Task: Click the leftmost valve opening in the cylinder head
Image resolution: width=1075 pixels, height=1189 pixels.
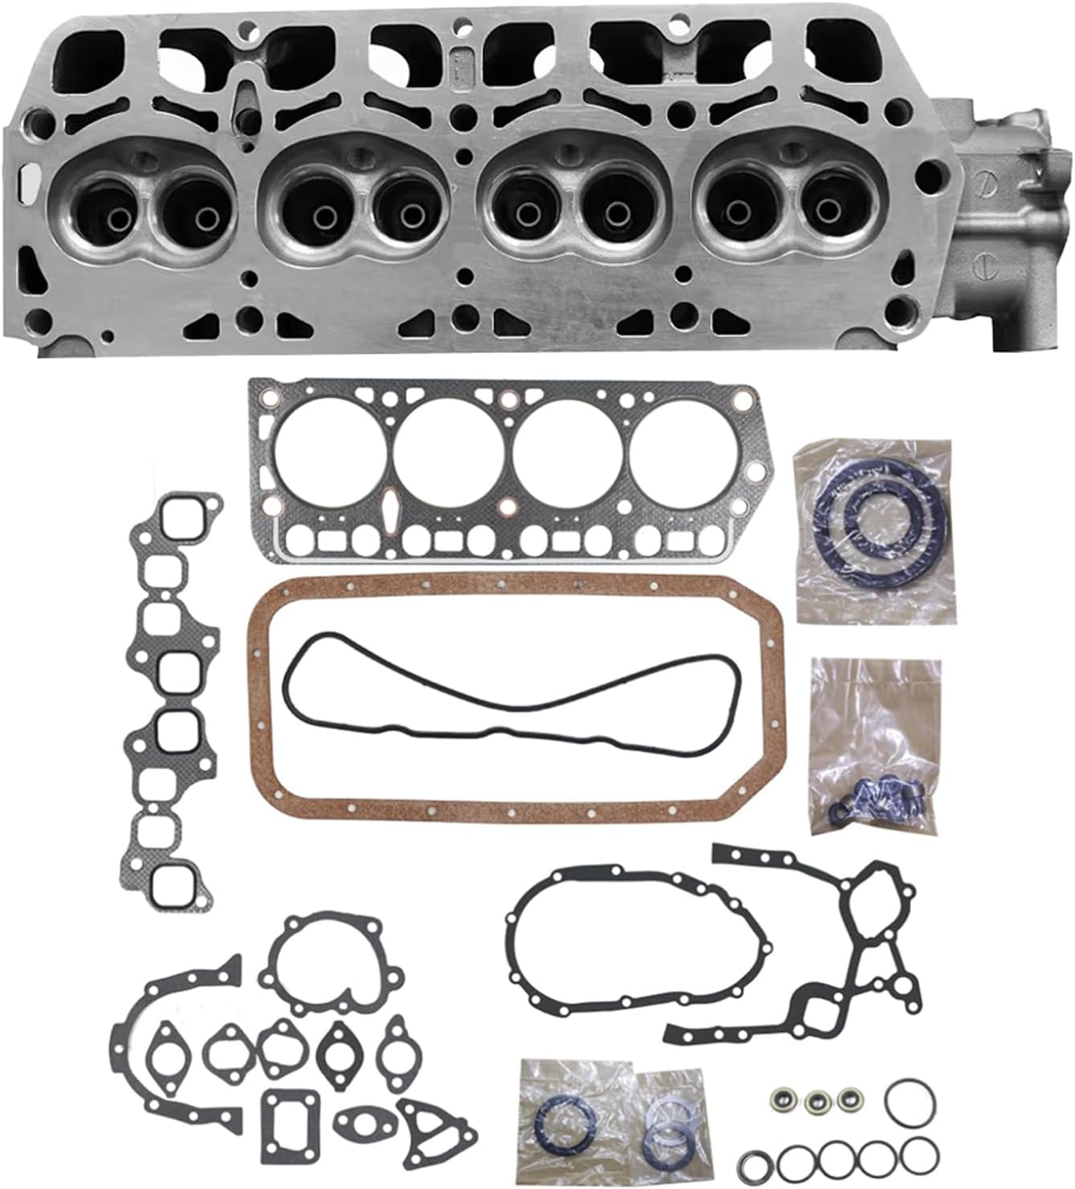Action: tap(97, 212)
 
